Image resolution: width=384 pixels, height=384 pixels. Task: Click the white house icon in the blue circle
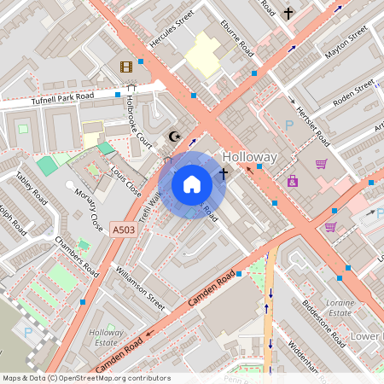point(192,184)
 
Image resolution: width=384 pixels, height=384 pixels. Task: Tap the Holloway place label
point(249,158)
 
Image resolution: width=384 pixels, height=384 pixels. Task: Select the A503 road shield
point(121,229)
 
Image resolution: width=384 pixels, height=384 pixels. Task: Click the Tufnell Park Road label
point(61,98)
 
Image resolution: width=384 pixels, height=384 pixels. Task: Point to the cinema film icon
point(126,67)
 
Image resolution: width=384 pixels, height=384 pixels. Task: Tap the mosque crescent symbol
point(176,136)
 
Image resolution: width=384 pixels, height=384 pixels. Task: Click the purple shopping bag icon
point(293,181)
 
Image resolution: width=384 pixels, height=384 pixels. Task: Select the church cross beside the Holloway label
point(223,174)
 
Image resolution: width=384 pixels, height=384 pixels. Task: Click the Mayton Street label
point(346,43)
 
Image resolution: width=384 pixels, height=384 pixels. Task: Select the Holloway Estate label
point(107,338)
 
